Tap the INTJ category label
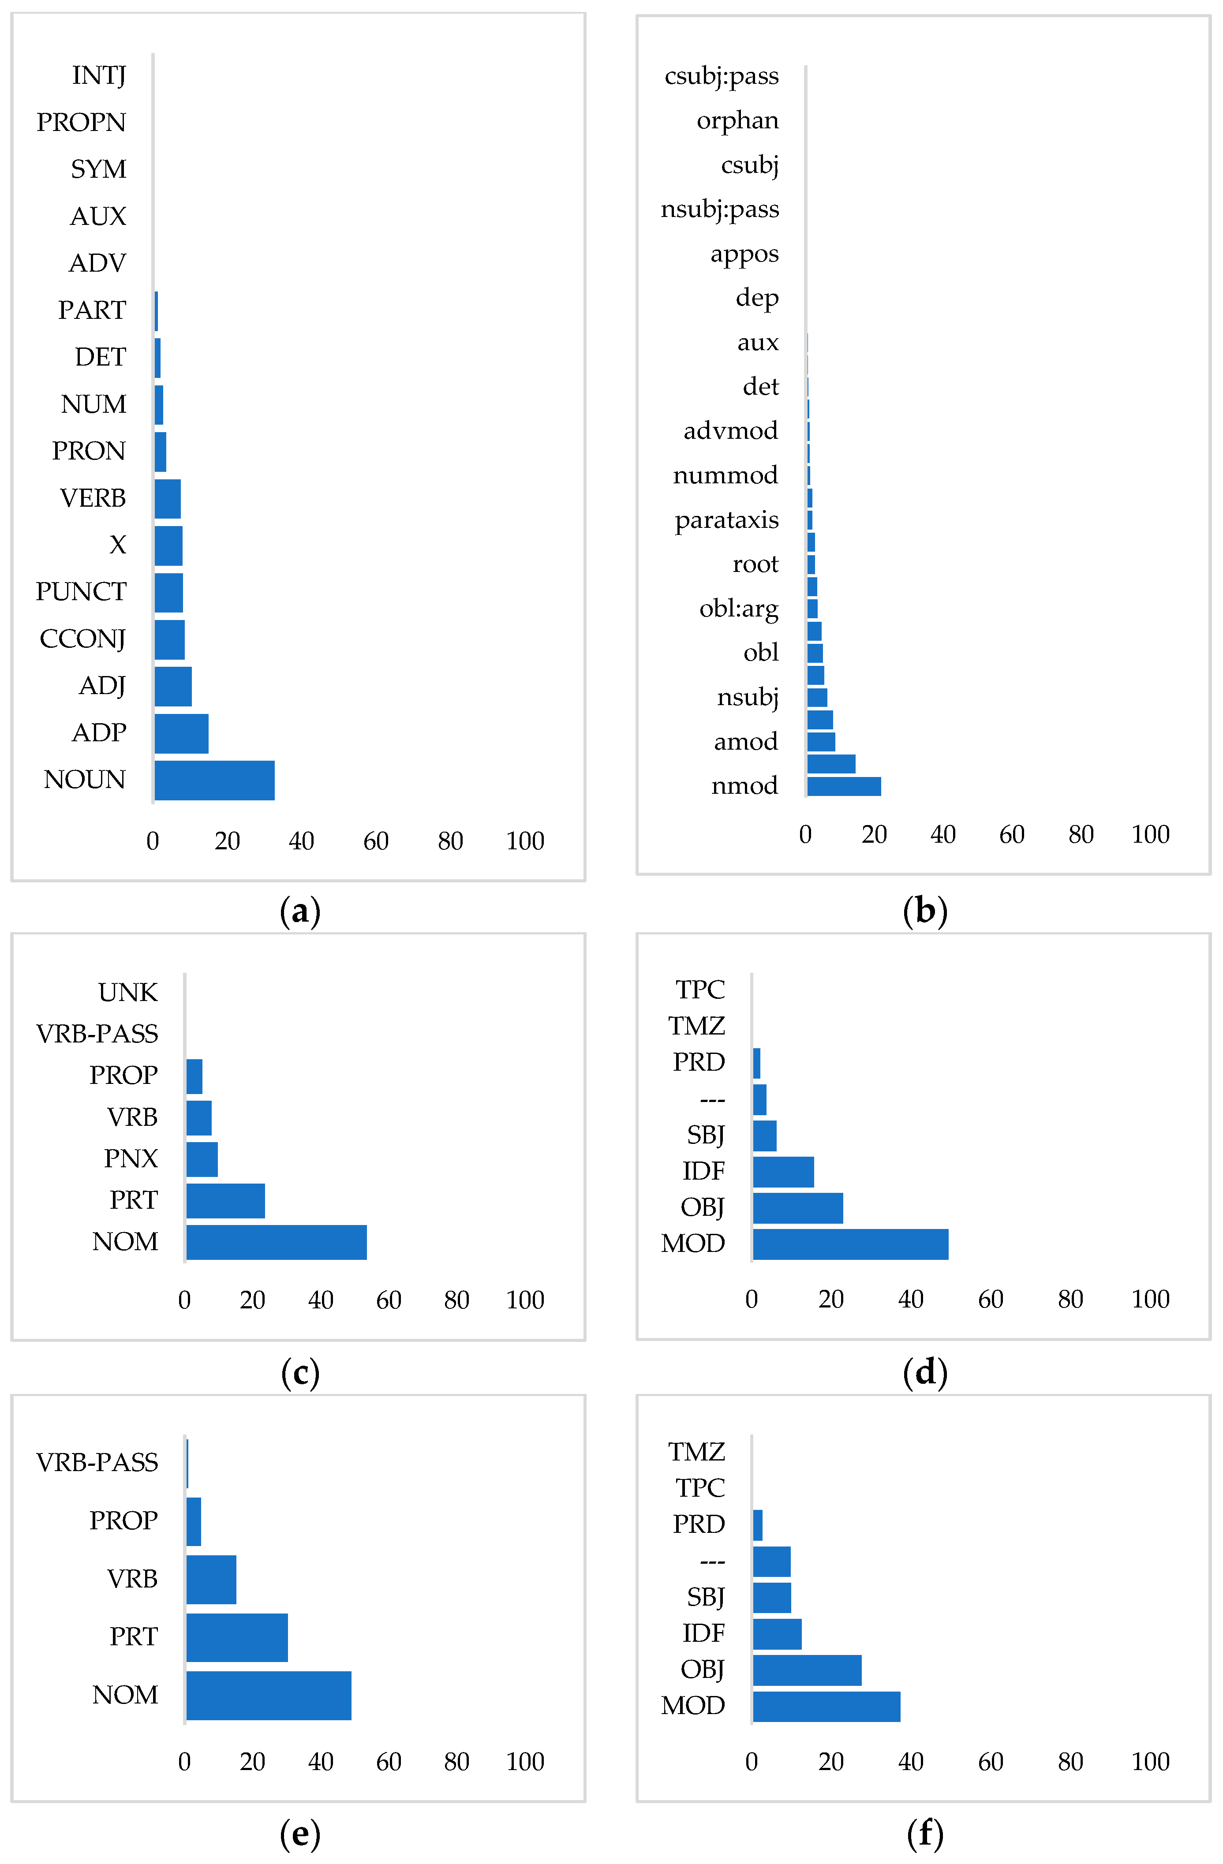click(99, 75)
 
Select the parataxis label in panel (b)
click(726, 519)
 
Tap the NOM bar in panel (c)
click(276, 1242)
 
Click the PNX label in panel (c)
click(131, 1158)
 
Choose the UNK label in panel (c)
click(128, 992)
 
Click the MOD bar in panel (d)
click(849, 1244)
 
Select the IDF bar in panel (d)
click(783, 1172)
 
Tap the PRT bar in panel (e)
click(236, 1637)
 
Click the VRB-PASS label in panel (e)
click(97, 1462)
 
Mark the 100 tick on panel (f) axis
click(1149, 1761)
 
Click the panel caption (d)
click(924, 1372)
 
